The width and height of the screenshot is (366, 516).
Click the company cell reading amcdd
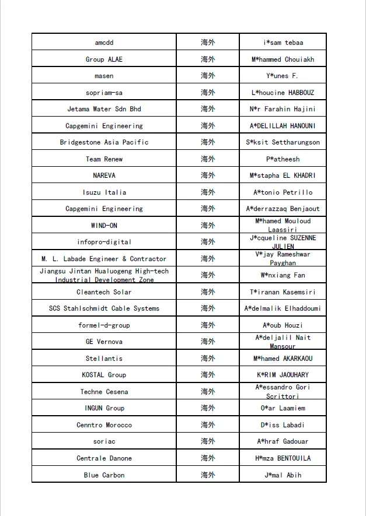[104, 43]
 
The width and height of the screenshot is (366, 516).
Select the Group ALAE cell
[104, 59]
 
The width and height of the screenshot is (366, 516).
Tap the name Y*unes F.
[283, 76]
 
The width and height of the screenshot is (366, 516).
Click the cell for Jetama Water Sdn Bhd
[104, 109]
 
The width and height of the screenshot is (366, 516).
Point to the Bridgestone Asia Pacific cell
[104, 142]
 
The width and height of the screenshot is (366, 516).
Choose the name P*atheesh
[283, 159]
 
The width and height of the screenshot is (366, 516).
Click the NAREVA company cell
[104, 175]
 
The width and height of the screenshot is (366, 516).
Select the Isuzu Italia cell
[104, 192]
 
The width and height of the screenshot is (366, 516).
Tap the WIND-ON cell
[104, 226]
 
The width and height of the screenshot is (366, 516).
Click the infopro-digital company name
[104, 242]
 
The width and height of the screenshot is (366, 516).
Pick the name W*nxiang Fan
[283, 275]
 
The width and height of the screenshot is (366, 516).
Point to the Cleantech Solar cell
[104, 292]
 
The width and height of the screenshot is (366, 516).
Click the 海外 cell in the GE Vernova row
[208, 342]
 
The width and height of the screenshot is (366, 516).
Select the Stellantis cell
[104, 359]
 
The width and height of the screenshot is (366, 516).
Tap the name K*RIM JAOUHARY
[283, 375]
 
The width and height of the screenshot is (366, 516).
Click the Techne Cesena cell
[104, 392]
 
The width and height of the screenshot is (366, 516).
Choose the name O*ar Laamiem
[283, 408]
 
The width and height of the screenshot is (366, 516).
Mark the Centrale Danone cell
[104, 458]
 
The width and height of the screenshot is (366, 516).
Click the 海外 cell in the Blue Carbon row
[208, 475]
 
